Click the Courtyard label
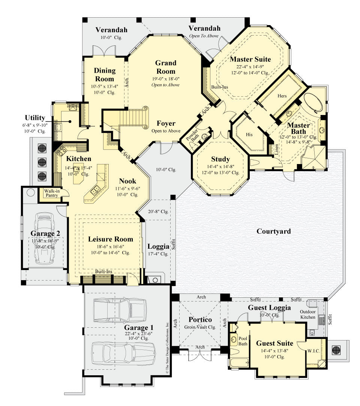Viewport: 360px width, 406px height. point(273,231)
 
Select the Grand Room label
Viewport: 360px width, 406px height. point(166,67)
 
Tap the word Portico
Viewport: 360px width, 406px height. point(200,319)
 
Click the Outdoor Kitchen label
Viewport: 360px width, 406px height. point(307,314)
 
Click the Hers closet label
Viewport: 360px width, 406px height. point(282,96)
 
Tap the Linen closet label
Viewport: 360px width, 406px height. point(277,150)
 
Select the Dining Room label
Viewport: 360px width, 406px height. point(105,75)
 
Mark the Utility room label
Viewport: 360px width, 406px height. point(35,118)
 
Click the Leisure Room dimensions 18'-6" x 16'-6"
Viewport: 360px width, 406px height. point(110,246)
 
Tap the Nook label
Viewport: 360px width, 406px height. point(127,181)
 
